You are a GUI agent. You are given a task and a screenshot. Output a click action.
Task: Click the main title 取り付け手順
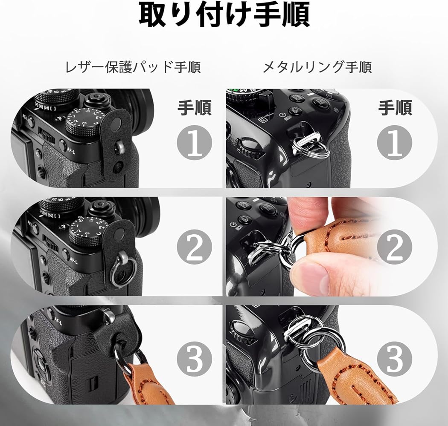[x=224, y=16]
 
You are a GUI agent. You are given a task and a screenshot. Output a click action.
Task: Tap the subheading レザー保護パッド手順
[x=133, y=67]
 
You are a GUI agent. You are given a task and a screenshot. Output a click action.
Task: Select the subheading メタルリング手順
[x=317, y=67]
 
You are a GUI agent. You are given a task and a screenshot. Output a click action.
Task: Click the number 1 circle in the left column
[x=195, y=143]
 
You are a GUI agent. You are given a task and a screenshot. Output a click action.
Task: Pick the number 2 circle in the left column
[x=195, y=250]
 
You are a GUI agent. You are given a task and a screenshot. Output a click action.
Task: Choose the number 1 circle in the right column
[x=395, y=143]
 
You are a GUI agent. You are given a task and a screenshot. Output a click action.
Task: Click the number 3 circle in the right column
[x=395, y=358]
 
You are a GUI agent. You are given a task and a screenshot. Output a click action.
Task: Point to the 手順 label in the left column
[x=195, y=108]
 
